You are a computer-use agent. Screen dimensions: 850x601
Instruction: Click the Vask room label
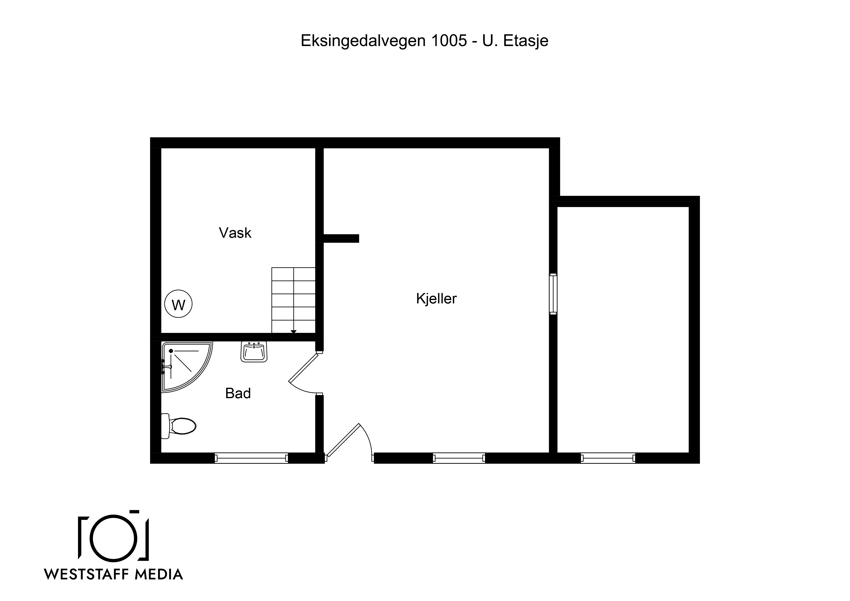click(x=235, y=233)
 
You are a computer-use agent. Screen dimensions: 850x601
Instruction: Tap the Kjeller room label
click(x=436, y=299)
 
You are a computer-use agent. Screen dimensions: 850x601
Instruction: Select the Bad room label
click(x=238, y=393)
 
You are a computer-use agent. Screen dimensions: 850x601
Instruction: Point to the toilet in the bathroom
click(x=178, y=426)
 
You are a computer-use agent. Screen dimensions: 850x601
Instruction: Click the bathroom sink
click(x=254, y=352)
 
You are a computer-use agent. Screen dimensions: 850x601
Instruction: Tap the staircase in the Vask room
click(x=294, y=300)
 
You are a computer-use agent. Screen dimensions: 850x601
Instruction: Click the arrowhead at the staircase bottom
click(x=294, y=332)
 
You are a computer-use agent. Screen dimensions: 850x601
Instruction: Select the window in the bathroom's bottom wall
click(x=251, y=458)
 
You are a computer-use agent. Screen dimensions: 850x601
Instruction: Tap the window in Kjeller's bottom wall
click(x=459, y=458)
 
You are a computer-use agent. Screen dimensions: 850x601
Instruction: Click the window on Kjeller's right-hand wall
click(x=553, y=294)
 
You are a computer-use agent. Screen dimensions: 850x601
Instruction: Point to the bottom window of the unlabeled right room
click(x=608, y=458)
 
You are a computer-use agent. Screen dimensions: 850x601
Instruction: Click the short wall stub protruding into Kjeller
click(x=341, y=238)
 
